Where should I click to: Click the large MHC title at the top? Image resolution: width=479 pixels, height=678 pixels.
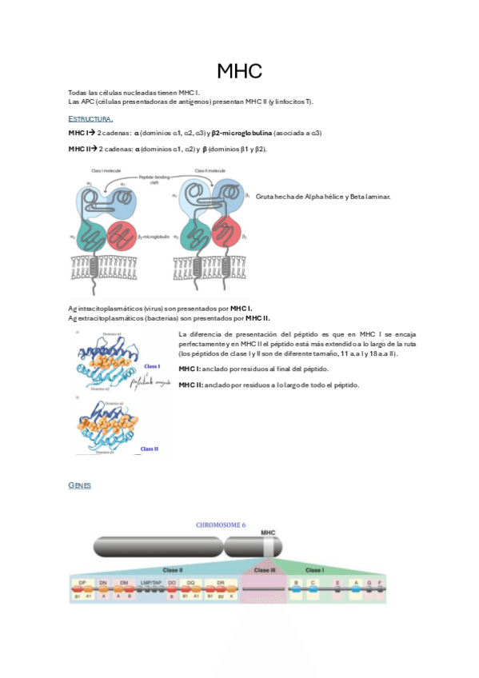[239, 72]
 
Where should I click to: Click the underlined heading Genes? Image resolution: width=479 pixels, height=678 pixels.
[80, 485]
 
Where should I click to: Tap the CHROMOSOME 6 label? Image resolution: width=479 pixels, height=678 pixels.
[222, 525]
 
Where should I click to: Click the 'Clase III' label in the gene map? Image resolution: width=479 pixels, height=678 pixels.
[265, 570]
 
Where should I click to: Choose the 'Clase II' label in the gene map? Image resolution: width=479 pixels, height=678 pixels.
[173, 570]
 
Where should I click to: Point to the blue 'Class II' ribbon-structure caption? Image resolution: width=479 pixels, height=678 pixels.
[149, 449]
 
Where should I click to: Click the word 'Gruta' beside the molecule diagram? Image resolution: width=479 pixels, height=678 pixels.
[265, 196]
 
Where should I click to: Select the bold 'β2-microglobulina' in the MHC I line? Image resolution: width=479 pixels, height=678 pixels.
[242, 133]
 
